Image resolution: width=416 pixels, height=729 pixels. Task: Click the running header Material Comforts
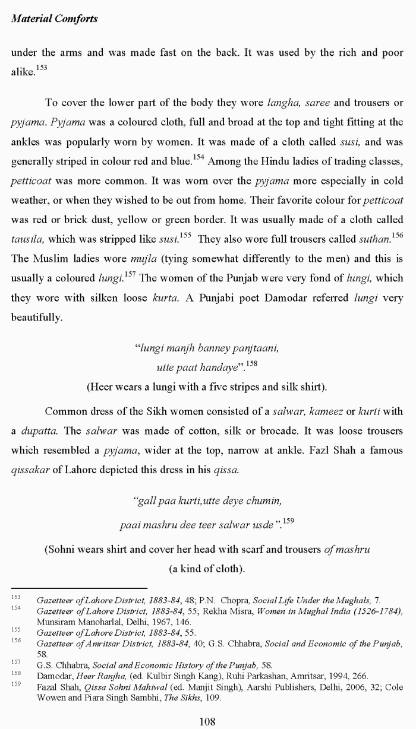coord(54,18)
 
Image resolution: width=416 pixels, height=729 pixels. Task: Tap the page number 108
coord(207,721)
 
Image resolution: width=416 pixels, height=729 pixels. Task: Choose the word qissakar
coord(29,470)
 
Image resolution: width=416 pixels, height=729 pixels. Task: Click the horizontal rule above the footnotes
coord(79,588)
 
